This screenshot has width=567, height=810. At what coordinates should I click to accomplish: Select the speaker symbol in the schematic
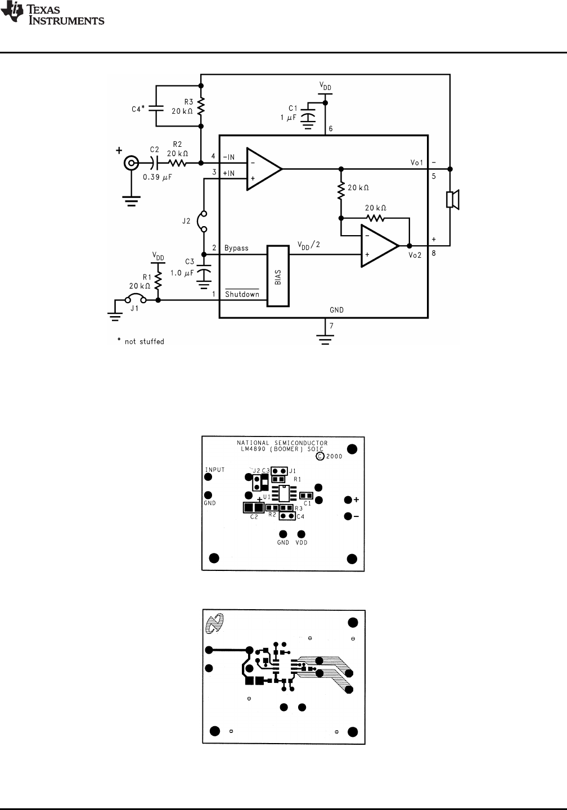(x=452, y=199)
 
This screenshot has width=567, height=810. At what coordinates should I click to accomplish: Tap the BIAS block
(x=278, y=276)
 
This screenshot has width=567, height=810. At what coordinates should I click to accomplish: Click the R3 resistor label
(x=189, y=102)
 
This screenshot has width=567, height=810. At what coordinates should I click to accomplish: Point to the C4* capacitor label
(x=138, y=109)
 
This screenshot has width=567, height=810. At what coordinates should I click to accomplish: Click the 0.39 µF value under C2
(x=157, y=177)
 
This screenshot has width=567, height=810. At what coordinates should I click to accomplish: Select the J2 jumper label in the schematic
(x=186, y=221)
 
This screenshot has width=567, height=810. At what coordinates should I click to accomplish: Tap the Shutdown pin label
(x=242, y=294)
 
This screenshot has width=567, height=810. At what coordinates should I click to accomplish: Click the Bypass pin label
(x=236, y=248)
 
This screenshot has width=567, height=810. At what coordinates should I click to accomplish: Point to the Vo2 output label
(x=415, y=255)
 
